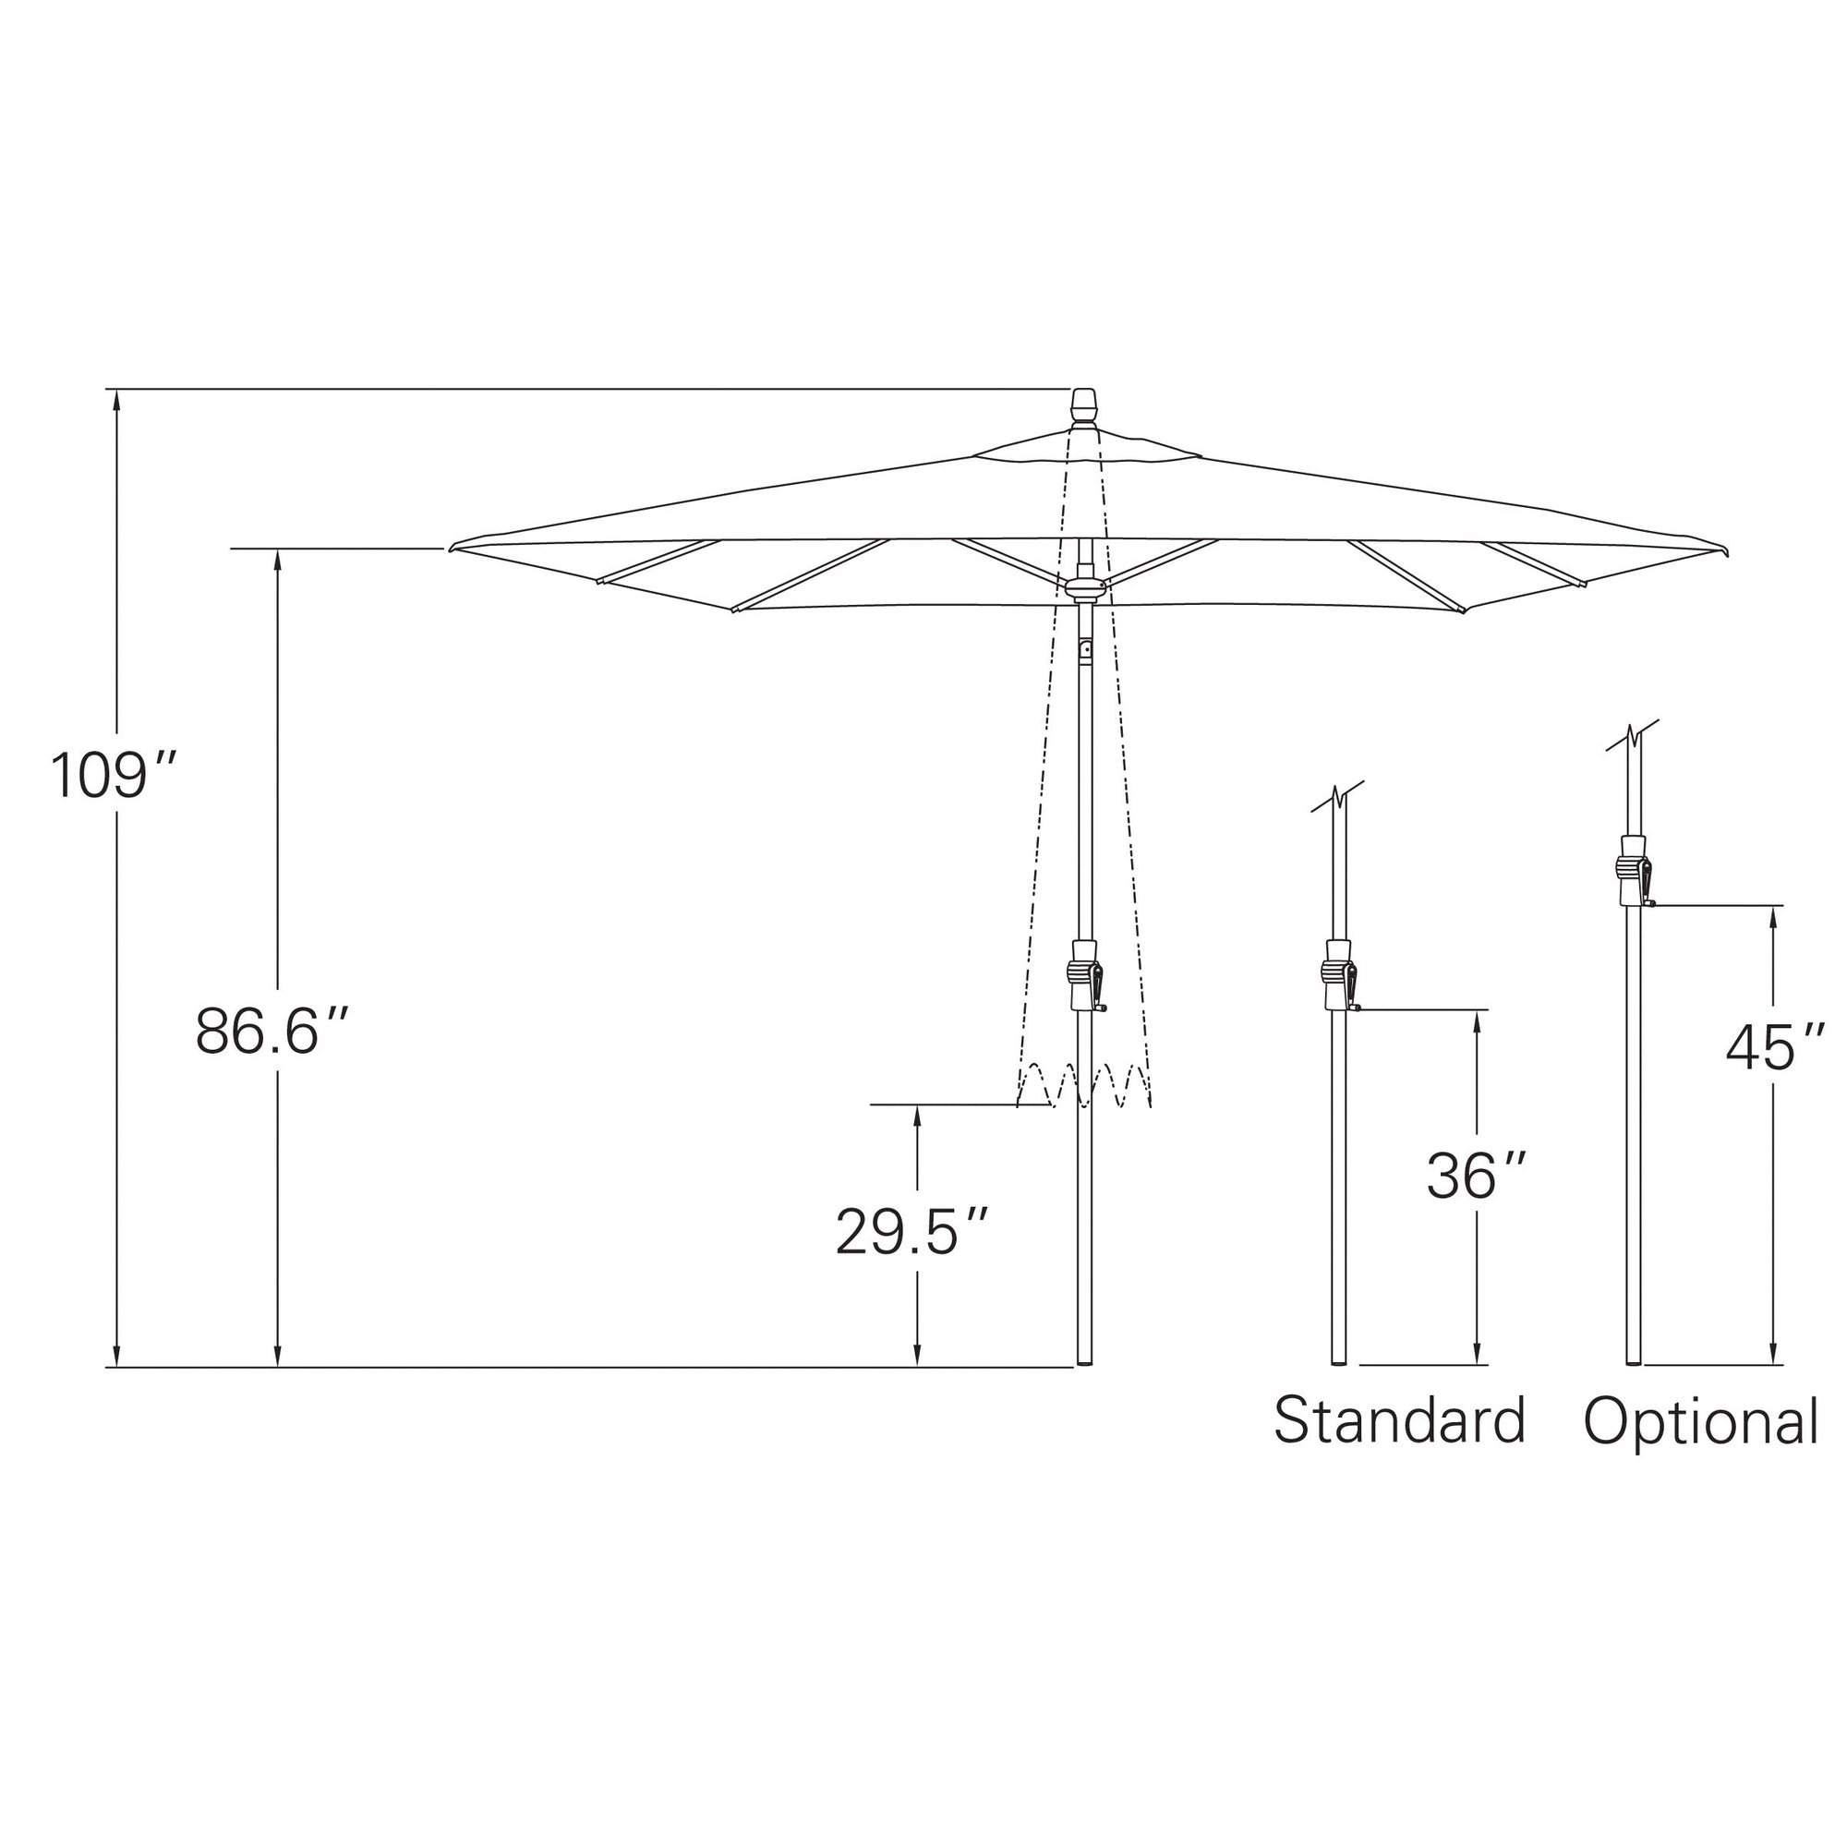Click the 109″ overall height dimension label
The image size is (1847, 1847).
pyautogui.click(x=113, y=776)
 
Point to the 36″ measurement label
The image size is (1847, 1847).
pyautogui.click(x=1476, y=1176)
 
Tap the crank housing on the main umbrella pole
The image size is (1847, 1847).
pyautogui.click(x=1085, y=975)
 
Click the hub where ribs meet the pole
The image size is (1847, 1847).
pyautogui.click(x=1085, y=586)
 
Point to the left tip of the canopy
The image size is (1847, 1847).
pyautogui.click(x=453, y=548)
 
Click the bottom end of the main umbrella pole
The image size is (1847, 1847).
pyautogui.click(x=1085, y=1361)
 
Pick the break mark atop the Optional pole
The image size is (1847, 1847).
pyautogui.click(x=1634, y=735)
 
